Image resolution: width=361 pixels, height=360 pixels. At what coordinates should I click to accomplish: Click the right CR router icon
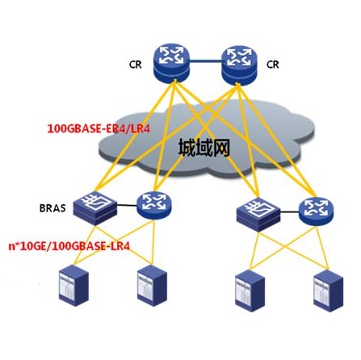coord(239,65)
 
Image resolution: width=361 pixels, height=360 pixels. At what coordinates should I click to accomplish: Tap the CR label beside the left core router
coord(135,65)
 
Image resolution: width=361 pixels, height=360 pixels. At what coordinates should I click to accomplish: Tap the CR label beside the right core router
coord(272,65)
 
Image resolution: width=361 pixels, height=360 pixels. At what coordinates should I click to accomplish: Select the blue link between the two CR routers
coord(206,61)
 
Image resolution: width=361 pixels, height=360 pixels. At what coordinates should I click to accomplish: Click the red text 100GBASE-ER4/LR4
coord(99,128)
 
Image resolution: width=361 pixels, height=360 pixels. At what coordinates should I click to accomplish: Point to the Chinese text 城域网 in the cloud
coord(204,148)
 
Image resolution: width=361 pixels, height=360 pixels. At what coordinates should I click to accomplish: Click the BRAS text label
coord(52,208)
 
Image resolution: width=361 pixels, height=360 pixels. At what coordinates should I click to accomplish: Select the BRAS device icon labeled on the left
coord(95,208)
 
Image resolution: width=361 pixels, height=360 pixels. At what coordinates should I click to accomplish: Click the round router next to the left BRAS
coord(154,206)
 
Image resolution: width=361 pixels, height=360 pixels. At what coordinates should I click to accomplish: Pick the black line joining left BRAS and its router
coord(127,206)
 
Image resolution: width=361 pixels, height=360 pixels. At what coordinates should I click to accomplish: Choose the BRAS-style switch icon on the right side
coord(258,215)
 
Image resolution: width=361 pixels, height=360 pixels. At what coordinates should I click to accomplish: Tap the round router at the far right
coord(317,211)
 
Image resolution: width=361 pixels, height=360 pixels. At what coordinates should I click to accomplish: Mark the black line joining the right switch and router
coord(290,212)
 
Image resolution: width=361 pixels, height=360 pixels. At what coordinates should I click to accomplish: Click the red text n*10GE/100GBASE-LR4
coord(69,246)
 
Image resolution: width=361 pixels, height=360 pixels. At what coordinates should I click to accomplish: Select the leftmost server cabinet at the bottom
coord(73,285)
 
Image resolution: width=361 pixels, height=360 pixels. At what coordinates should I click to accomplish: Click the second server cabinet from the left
coord(152,285)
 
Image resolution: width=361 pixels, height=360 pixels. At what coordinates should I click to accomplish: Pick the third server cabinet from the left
coord(250,291)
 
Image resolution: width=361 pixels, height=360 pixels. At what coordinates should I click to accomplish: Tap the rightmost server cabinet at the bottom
coord(329,291)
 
